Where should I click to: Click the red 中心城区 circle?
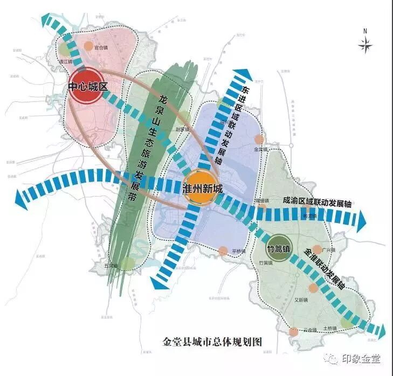click(88, 87)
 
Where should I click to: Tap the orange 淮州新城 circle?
click(202, 189)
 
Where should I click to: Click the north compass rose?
click(365, 45)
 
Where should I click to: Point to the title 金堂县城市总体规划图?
click(212, 342)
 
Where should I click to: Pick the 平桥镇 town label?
click(238, 252)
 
